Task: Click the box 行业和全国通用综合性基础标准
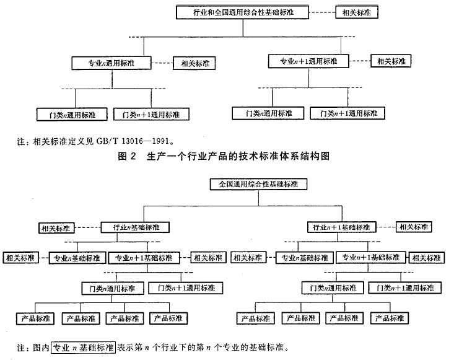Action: tap(242, 12)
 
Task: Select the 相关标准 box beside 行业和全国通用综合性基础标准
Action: tap(357, 12)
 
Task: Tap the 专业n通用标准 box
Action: tap(111, 63)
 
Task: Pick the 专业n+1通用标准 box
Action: tap(308, 61)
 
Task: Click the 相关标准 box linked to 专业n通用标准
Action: tap(194, 63)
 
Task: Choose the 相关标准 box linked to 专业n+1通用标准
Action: tap(391, 61)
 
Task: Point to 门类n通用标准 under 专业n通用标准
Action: tap(72, 115)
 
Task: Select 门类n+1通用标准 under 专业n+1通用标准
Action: tap(347, 113)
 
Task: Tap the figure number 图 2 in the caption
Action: tap(127, 156)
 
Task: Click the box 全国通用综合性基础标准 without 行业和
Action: tap(258, 184)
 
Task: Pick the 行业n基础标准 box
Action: tap(135, 227)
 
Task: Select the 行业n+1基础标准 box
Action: tap(342, 227)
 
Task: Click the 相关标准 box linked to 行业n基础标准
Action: tap(56, 228)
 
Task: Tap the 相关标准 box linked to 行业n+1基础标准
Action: tap(414, 227)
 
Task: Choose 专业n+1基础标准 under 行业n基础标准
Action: tap(144, 258)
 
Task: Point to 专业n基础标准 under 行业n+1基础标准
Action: tap(305, 258)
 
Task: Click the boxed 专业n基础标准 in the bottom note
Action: tap(84, 347)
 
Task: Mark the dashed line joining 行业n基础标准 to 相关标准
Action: tap(87, 227)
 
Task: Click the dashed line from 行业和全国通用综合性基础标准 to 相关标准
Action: tap(322, 12)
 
